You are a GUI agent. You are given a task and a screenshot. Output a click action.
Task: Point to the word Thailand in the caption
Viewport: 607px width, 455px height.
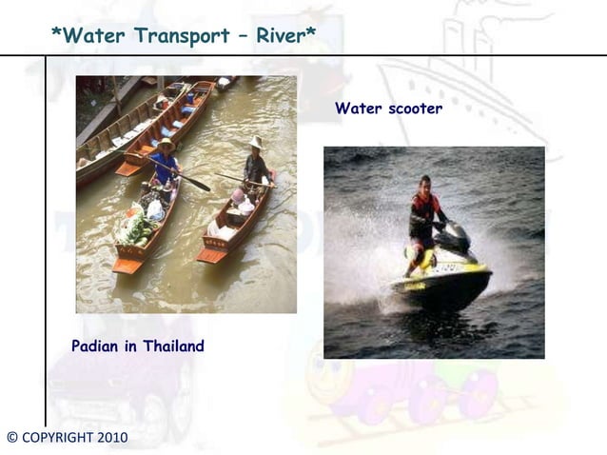click(173, 346)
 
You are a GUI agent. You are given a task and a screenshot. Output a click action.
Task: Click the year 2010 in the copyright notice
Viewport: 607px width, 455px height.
click(110, 438)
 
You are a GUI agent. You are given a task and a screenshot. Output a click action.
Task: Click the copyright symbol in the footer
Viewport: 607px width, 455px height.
click(11, 438)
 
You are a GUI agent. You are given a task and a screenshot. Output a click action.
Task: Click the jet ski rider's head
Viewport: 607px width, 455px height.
click(424, 182)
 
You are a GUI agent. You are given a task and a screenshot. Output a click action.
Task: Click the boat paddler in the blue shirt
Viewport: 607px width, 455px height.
click(165, 166)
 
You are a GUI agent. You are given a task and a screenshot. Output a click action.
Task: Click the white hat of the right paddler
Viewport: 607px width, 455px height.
click(255, 143)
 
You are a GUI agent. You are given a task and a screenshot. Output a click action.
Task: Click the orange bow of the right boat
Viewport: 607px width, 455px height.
click(212, 254)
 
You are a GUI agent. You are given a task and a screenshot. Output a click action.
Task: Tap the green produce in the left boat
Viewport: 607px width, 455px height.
click(136, 228)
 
